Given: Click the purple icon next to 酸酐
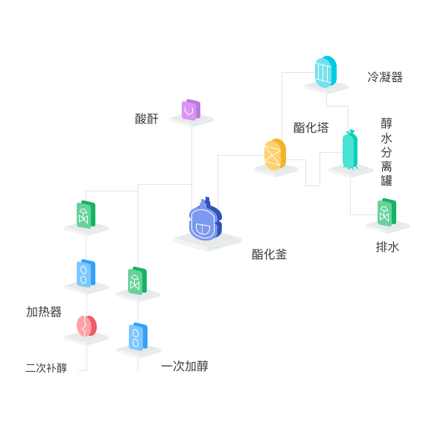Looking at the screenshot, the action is click(x=191, y=110).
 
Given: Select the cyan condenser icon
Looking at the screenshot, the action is click(x=325, y=72).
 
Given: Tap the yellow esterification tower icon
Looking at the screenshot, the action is click(x=275, y=154).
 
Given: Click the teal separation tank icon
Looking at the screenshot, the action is click(x=350, y=150).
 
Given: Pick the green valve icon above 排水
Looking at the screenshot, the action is click(x=387, y=212).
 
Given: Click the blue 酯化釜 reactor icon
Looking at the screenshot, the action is click(x=206, y=219).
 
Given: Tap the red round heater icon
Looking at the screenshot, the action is click(x=86, y=326).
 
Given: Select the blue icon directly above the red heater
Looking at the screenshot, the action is click(x=86, y=273).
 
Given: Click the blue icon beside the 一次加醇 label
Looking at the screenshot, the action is click(x=138, y=337).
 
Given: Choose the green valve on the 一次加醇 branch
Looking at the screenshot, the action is click(x=137, y=281).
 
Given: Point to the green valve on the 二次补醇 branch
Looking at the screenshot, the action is click(x=86, y=215).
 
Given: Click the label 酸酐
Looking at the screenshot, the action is click(x=147, y=119).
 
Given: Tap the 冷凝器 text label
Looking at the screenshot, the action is click(x=385, y=77).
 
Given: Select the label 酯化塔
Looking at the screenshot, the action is click(x=311, y=128).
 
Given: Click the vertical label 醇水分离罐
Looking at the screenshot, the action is click(x=387, y=152).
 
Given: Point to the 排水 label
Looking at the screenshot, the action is click(x=387, y=247).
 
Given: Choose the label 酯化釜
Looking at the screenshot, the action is click(x=269, y=254).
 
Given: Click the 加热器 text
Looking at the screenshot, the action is click(x=44, y=312).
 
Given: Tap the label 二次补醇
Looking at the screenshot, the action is click(x=46, y=368).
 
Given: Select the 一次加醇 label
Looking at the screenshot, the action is click(x=185, y=366).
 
